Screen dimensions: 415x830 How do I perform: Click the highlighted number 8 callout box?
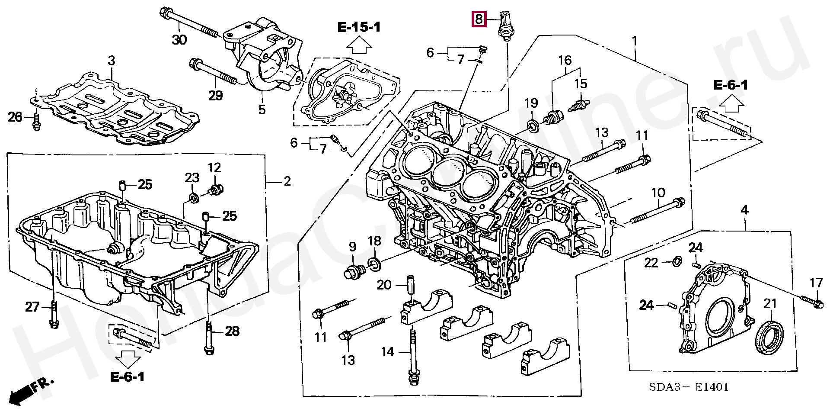(479, 19)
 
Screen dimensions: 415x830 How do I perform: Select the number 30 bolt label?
(179, 40)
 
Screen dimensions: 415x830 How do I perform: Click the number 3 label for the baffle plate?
(112, 61)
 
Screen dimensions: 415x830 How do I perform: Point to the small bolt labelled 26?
(36, 122)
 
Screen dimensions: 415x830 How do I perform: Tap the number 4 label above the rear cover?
(744, 210)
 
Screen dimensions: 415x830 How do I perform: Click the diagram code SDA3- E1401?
(689, 386)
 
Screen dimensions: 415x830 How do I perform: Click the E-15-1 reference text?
(359, 28)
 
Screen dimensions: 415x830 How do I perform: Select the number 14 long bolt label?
(387, 352)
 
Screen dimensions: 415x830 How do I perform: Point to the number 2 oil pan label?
(287, 181)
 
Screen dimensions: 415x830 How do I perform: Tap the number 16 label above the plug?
(565, 61)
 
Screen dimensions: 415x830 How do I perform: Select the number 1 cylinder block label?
(634, 41)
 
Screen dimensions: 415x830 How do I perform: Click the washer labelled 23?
(193, 198)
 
